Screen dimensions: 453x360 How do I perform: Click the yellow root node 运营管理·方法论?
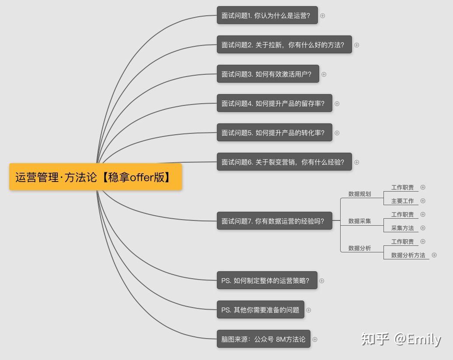click(x=95, y=177)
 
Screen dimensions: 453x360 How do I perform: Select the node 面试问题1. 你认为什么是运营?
click(x=267, y=15)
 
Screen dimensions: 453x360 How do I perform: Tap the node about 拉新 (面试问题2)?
click(x=284, y=45)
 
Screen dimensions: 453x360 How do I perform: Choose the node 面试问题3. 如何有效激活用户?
click(x=268, y=74)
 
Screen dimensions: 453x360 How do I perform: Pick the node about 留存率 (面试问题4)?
click(x=274, y=103)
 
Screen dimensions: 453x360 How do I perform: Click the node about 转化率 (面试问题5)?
click(x=274, y=133)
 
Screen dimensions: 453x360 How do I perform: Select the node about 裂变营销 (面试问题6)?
click(x=284, y=162)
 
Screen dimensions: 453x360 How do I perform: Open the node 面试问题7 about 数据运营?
click(x=274, y=221)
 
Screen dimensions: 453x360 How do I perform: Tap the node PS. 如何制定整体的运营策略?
click(x=267, y=280)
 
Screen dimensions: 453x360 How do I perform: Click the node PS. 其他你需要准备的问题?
click(x=260, y=310)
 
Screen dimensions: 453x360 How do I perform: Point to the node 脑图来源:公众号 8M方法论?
click(x=263, y=339)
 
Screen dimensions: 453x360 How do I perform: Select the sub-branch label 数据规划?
click(x=359, y=194)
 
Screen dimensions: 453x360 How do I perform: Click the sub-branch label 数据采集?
click(x=359, y=221)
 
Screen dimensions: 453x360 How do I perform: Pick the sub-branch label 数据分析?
click(x=359, y=248)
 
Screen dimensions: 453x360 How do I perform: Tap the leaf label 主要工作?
click(x=402, y=201)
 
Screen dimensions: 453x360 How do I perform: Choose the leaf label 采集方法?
click(x=402, y=228)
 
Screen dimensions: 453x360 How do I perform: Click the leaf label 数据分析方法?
click(x=408, y=255)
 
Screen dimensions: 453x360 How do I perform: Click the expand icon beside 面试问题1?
click(x=323, y=15)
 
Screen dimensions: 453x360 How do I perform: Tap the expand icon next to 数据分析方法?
click(x=434, y=255)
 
